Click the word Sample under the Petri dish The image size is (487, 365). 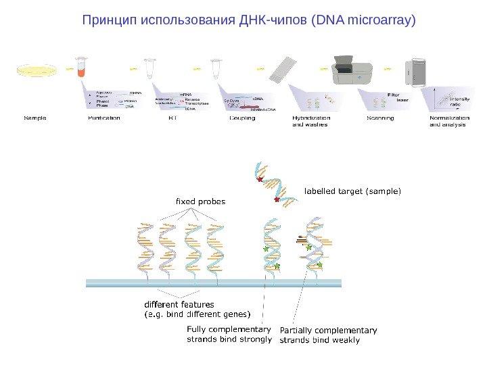35,118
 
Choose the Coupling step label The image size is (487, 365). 242,118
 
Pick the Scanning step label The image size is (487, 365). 380,118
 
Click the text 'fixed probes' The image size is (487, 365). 200,201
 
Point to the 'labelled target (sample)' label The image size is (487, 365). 352,191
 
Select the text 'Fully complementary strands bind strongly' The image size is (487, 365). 229,335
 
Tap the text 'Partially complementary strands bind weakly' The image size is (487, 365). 328,335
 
